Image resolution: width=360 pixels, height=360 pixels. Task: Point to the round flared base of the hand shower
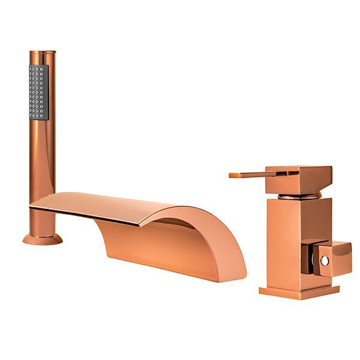42,239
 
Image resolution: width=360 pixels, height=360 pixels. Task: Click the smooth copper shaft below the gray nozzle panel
42,156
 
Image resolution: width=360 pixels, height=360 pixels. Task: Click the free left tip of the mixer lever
232,176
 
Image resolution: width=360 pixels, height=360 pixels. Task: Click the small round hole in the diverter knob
325,261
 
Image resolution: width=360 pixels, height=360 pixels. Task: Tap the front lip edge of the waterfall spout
90,217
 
